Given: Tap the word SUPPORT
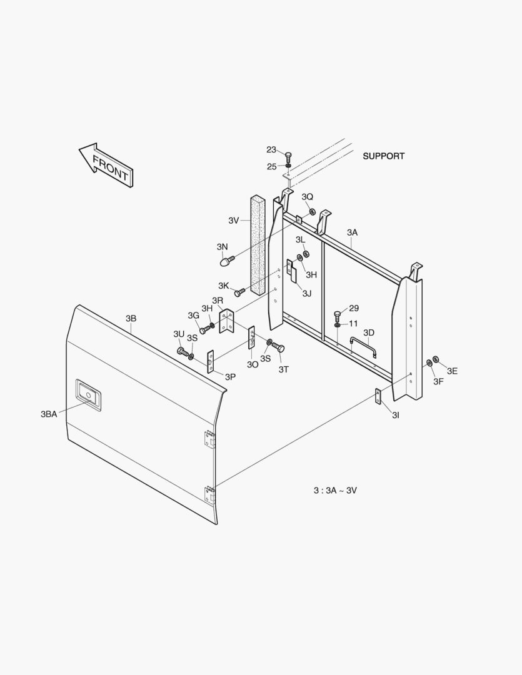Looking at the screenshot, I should coord(383,156).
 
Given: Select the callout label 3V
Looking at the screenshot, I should coord(234,220).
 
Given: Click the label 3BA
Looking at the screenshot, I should coord(49,414).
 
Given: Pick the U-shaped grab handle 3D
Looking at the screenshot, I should coord(363,345).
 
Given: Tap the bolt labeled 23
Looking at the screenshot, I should coord(288,156).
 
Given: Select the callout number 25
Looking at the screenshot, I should coord(271,166).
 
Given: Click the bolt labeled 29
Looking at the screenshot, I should coord(338,314).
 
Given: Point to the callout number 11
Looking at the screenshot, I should coord(353,324).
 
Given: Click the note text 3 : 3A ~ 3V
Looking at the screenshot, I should coord(335,490).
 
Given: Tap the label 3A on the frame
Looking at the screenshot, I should coord(352,232).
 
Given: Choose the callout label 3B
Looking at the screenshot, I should coord(131,319).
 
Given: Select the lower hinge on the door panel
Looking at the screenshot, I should coord(209,495).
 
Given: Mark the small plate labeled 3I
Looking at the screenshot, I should coord(378,396).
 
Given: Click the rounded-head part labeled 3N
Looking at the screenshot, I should coord(224,262).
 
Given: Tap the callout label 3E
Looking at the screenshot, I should coord(452,371).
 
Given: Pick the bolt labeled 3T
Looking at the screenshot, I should coord(278,347).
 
